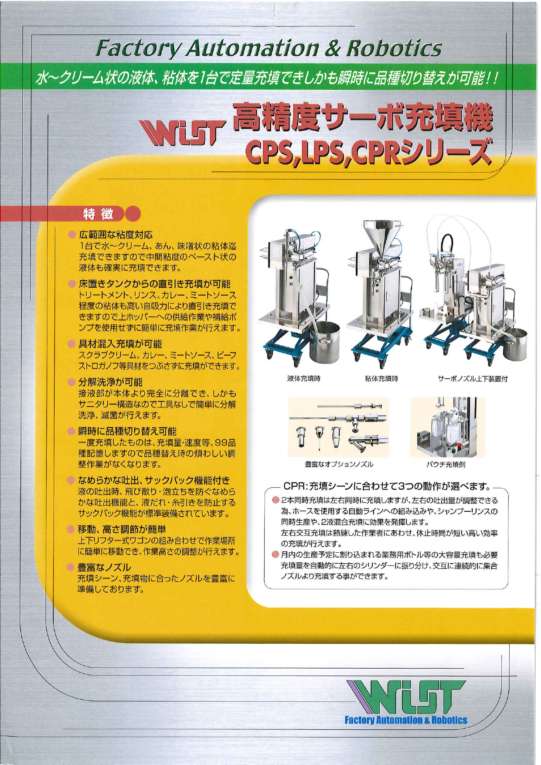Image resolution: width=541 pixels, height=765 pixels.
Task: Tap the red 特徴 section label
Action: click(98, 214)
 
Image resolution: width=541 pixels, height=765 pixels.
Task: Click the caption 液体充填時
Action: click(303, 378)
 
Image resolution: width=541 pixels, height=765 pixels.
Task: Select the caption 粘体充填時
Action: click(381, 378)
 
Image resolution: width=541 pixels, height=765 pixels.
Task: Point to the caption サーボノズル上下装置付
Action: click(473, 378)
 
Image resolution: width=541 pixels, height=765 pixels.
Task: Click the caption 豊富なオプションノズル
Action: click(339, 464)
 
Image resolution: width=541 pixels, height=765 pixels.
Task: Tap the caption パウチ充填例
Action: click(446, 464)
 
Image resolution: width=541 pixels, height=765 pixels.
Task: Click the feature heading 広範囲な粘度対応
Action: click(116, 235)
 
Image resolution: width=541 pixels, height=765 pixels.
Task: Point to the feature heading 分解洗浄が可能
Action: click(110, 382)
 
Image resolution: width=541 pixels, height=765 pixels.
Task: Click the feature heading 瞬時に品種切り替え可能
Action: click(127, 432)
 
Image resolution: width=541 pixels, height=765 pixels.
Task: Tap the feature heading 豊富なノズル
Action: click(104, 567)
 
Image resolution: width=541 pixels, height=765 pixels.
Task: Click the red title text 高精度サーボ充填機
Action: click(363, 116)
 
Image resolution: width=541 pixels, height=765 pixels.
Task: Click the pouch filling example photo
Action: click(447, 427)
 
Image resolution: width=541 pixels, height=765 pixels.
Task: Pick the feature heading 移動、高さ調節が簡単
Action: click(122, 529)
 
